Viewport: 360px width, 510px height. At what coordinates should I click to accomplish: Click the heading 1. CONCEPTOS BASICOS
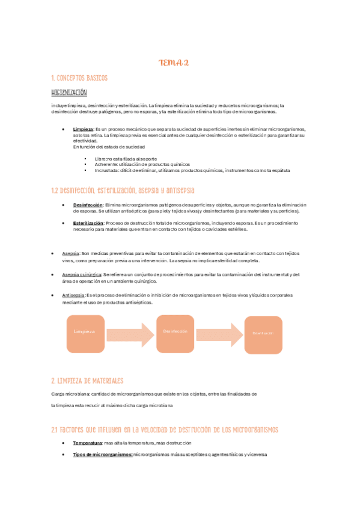coord(80,79)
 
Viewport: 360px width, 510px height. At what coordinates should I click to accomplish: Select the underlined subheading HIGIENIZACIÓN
coord(70,93)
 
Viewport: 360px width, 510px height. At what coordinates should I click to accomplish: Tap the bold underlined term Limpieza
coord(83,129)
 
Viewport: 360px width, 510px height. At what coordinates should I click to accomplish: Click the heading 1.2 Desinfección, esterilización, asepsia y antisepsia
coord(123,191)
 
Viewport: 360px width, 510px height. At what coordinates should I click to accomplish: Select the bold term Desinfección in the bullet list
coord(88,205)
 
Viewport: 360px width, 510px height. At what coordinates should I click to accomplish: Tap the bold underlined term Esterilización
coord(89,223)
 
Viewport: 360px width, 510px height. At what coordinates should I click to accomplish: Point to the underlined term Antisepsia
coord(74,295)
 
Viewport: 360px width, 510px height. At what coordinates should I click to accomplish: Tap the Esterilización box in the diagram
coord(263,334)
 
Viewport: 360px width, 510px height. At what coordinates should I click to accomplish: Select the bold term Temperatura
coord(87,443)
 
